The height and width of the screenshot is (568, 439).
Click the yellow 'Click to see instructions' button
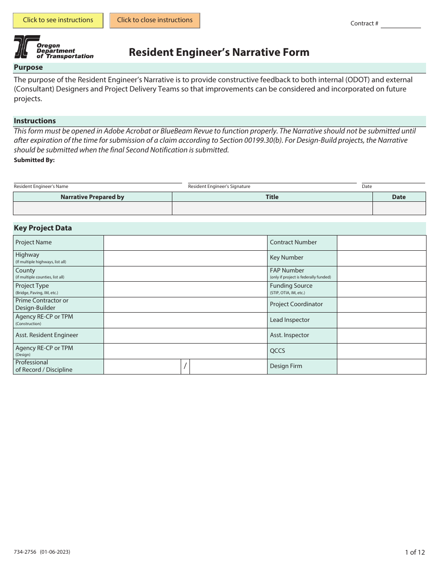[58, 20]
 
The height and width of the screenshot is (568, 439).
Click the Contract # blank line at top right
[400, 24]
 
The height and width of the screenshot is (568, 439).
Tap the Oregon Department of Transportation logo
[53, 47]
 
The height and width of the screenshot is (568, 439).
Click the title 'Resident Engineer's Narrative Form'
[219, 52]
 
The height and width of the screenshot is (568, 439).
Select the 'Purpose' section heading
[28, 67]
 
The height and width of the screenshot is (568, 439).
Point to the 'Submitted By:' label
[34, 160]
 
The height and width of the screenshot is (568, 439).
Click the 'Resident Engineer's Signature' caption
[219, 187]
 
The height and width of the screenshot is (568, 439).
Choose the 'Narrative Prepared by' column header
[92, 197]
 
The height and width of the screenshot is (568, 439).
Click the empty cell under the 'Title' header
[272, 208]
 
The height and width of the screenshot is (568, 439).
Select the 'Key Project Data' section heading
[43, 228]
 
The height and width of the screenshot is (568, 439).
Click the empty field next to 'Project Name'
[185, 243]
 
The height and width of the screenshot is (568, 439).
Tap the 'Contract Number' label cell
[302, 243]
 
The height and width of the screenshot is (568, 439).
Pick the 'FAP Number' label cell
[302, 274]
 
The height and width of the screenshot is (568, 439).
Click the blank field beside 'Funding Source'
[381, 289]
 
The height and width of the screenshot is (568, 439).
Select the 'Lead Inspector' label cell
[302, 320]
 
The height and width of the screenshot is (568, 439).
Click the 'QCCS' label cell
[302, 351]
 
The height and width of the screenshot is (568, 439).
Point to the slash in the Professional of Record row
[185, 366]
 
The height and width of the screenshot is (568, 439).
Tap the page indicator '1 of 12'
[415, 552]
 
